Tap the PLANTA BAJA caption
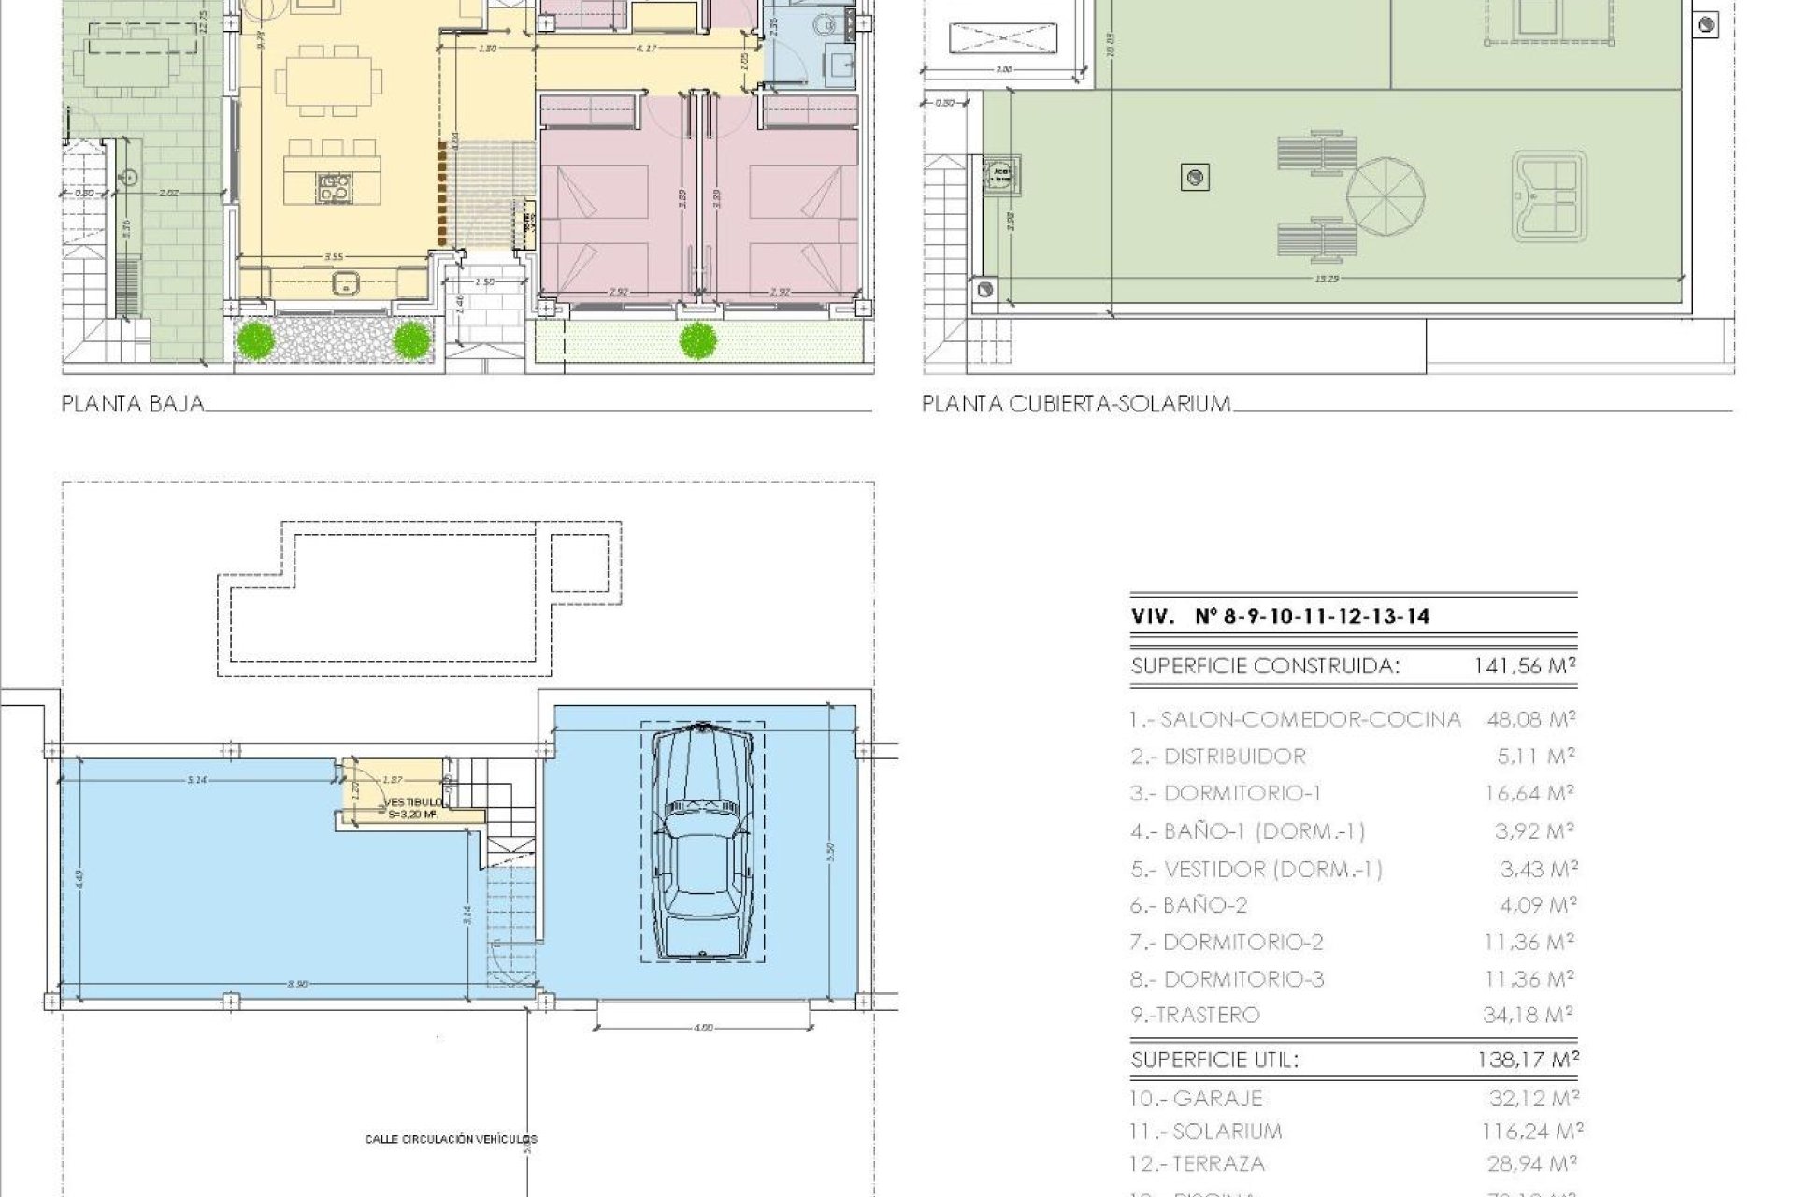tap(132, 404)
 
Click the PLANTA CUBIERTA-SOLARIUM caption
tap(1075, 404)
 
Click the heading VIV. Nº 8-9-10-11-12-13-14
tap(1280, 616)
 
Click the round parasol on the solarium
tap(1386, 203)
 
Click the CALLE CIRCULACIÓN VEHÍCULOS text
tap(452, 1139)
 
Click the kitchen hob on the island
tap(334, 188)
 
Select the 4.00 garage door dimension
tap(703, 1028)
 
